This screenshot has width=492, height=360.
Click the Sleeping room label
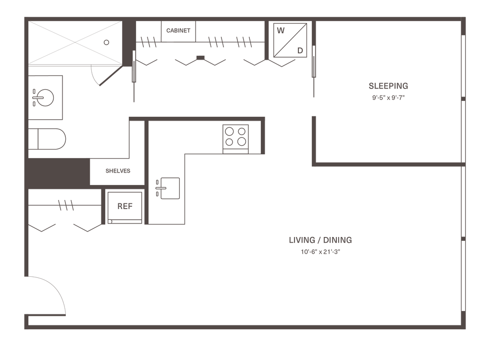pos(388,86)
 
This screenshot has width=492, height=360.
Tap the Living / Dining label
pos(320,240)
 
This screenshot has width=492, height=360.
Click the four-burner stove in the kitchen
pos(235,136)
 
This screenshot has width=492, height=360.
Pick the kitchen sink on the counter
pos(169,187)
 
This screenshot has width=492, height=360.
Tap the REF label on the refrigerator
pos(124,207)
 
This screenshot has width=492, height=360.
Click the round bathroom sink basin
pos(44,98)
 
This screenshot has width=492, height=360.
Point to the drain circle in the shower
pos(107,42)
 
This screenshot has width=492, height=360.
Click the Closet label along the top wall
pos(178,30)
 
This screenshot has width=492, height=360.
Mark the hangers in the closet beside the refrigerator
pos(66,205)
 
